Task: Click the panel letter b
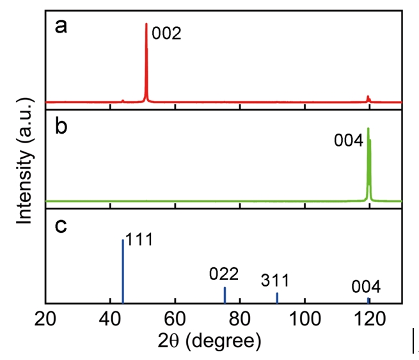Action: pos(61,126)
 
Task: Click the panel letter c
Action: pos(60,227)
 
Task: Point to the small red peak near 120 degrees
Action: pos(368,98)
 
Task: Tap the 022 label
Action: pos(224,274)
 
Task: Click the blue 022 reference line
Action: pos(225,295)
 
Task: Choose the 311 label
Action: pos(276,280)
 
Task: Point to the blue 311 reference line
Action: pos(277,297)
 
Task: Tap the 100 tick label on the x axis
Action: pos(304,318)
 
